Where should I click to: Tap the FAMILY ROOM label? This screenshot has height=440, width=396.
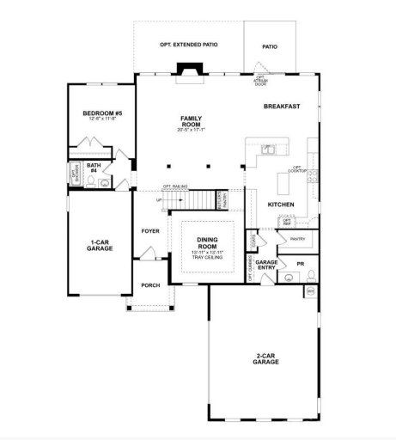pyautogui.click(x=191, y=120)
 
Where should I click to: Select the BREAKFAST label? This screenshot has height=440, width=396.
pyautogui.click(x=281, y=106)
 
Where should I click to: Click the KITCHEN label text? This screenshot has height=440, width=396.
pyautogui.click(x=281, y=204)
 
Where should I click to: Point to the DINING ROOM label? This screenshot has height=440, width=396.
pyautogui.click(x=207, y=243)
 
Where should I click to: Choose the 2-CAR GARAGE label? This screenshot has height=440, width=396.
pyautogui.click(x=266, y=360)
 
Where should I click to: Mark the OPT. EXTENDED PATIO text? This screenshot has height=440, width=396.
pyautogui.click(x=187, y=43)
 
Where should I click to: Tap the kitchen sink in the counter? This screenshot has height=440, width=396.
pyautogui.click(x=267, y=149)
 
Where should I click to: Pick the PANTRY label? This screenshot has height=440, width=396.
pyautogui.click(x=298, y=239)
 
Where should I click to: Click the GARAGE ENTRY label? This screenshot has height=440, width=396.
pyautogui.click(x=266, y=265)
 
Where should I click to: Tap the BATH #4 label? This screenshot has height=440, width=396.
pyautogui.click(x=93, y=168)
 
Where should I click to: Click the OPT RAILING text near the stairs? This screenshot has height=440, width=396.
pyautogui.click(x=174, y=186)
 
